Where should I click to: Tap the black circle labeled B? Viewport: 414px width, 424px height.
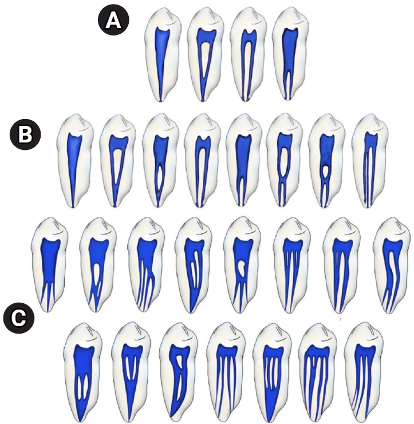[x=25, y=134]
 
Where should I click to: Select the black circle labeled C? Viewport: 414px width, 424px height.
[x=19, y=318]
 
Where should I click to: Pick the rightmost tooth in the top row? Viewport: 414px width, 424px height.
[x=290, y=54]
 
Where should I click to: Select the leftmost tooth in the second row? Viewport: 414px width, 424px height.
[x=75, y=161]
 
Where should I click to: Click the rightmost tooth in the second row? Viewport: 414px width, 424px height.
[x=370, y=161]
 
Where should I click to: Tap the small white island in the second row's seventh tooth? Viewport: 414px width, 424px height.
[x=326, y=170]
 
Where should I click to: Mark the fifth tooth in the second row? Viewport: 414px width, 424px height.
[x=244, y=161]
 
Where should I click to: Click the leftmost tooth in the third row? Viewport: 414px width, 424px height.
[x=49, y=265]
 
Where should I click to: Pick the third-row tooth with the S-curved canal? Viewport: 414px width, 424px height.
[x=391, y=266]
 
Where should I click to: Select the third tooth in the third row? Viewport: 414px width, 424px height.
[x=146, y=265]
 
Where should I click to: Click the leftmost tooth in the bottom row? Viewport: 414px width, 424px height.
[x=84, y=373]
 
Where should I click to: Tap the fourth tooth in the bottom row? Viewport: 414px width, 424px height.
[x=226, y=373]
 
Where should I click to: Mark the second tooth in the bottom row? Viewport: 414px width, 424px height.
[x=132, y=373]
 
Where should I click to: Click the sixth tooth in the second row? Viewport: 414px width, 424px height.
[x=285, y=161]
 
